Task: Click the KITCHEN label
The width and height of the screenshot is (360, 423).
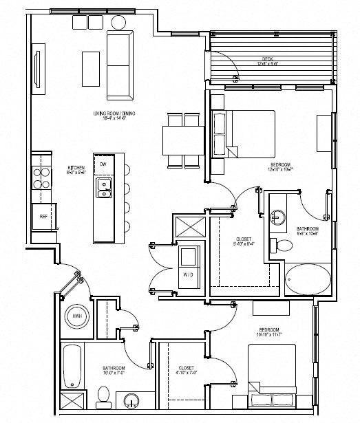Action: (75, 169)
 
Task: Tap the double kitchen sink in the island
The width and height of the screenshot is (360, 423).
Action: (105, 186)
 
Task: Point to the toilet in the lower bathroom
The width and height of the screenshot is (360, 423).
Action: (104, 394)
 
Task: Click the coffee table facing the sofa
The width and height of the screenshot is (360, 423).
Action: (89, 68)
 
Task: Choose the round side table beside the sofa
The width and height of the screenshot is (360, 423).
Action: (120, 21)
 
